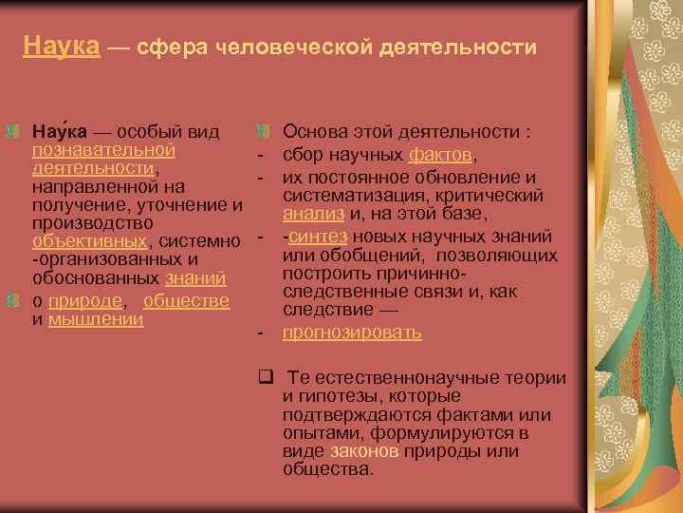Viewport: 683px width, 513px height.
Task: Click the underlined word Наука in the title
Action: (62, 46)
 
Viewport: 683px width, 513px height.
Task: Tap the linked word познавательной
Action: (103, 149)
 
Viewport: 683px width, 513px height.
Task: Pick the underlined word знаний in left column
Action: (194, 279)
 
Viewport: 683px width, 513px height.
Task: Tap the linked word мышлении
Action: (96, 318)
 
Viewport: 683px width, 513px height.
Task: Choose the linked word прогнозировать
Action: (352, 332)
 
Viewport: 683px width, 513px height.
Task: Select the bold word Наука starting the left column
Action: (59, 131)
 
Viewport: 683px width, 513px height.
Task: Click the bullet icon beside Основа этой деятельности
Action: (265, 130)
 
